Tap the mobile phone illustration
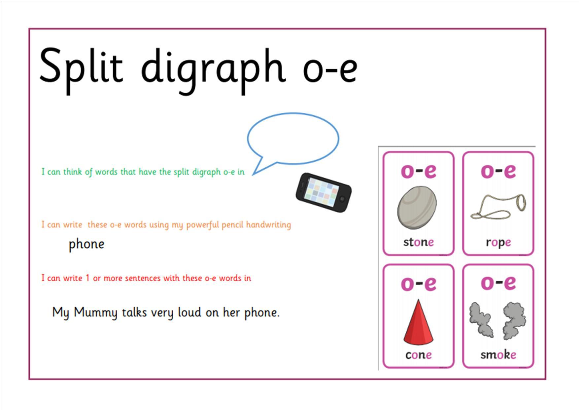click(324, 192)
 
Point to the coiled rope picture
click(498, 207)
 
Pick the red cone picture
click(418, 322)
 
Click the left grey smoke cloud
click(481, 319)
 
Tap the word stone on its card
click(418, 242)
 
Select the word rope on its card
click(498, 243)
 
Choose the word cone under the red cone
click(419, 355)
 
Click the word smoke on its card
click(498, 354)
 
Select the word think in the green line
click(72, 172)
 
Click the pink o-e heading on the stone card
click(418, 171)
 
